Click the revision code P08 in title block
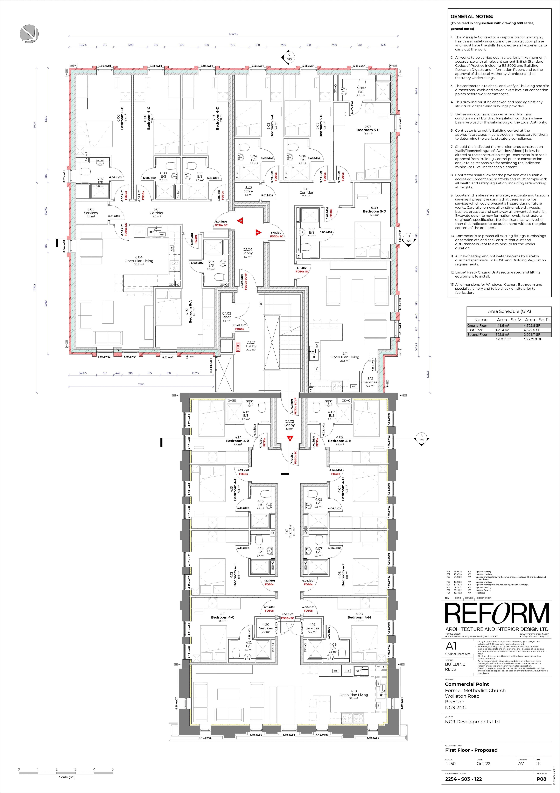(541, 779)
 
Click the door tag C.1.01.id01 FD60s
(240, 327)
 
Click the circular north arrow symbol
(29, 34)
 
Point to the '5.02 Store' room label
(249, 191)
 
